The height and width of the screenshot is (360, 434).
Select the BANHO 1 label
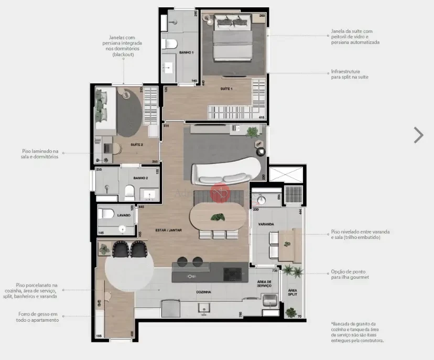click(x=186, y=53)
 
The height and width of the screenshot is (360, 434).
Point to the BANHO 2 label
click(x=140, y=178)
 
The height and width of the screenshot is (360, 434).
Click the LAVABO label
click(x=124, y=215)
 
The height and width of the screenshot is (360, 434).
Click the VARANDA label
click(x=266, y=224)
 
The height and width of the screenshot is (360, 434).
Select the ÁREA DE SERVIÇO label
click(x=264, y=283)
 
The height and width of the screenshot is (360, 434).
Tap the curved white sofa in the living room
click(x=225, y=173)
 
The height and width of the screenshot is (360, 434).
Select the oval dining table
click(x=217, y=217)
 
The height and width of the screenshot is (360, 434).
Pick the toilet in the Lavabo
click(x=107, y=214)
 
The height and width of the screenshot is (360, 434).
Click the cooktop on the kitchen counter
click(x=233, y=273)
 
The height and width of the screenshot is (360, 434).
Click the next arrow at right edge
click(x=418, y=135)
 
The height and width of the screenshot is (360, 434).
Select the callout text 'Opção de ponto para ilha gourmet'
click(x=350, y=275)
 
